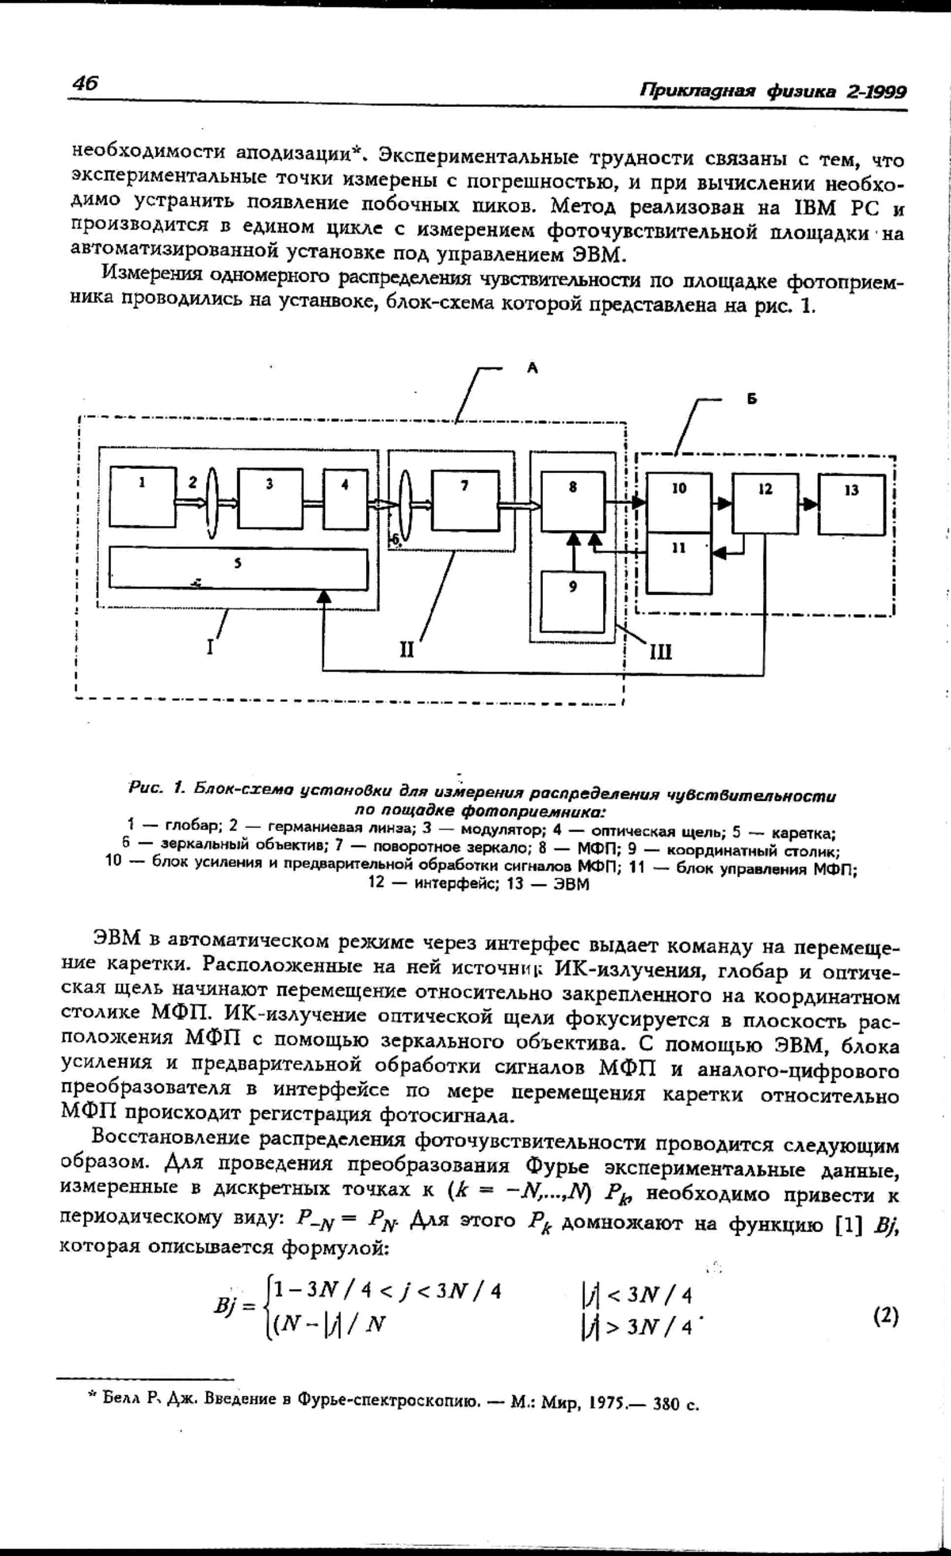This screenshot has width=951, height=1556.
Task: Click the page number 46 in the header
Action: tap(84, 83)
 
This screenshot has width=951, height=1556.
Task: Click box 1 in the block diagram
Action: tap(142, 498)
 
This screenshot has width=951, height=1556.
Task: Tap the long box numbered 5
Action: tap(239, 569)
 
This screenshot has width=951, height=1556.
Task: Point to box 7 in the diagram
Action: tap(465, 502)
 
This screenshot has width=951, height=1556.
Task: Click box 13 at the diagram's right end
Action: tap(852, 505)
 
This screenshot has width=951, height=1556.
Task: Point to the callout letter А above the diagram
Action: tap(533, 368)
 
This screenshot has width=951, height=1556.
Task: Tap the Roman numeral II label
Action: tap(407, 650)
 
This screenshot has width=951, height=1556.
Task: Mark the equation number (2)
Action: tap(886, 1316)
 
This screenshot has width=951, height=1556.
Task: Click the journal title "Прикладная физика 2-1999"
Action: tap(773, 90)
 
